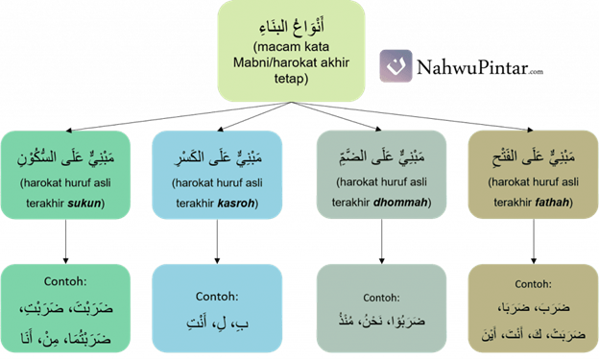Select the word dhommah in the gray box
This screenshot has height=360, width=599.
pos(402,204)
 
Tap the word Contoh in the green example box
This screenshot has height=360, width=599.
pos(66,283)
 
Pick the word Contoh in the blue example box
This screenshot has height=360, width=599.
pos(217,297)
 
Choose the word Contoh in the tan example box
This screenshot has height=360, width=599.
pos(533,284)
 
